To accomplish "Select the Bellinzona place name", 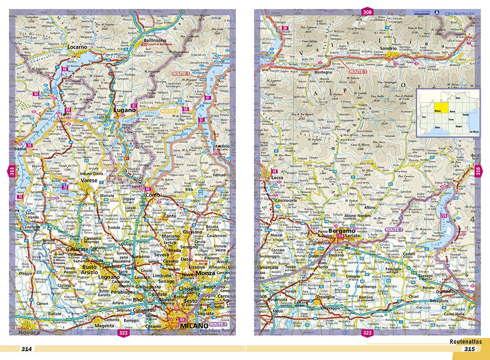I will pyautogui.click(x=156, y=40).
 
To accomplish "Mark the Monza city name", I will pyautogui.click(x=205, y=273).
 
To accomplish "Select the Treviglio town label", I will pyautogui.click(x=324, y=297).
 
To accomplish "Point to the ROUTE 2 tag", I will pyautogui.click(x=169, y=112).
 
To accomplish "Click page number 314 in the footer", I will pyautogui.click(x=26, y=349).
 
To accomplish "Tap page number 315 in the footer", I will pyautogui.click(x=469, y=349).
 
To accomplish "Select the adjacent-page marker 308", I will pyautogui.click(x=367, y=11).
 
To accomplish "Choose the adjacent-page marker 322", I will pyautogui.click(x=123, y=334).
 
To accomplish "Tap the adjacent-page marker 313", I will pyautogui.click(x=11, y=171).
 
